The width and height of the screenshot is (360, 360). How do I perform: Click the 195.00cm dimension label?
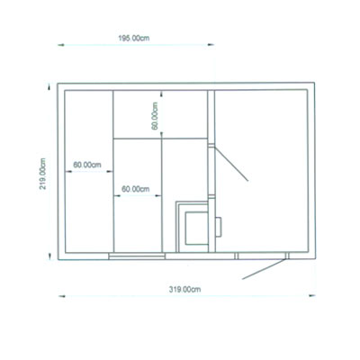pos(134,39)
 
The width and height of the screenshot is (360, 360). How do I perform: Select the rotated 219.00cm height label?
pos(43,174)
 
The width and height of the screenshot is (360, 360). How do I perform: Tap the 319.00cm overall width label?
pos(184,290)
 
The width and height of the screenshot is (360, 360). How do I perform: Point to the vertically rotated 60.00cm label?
pos(155,116)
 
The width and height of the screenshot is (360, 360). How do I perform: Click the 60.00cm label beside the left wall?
pos(87,165)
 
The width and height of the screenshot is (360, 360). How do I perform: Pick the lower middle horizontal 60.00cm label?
pos(136,189)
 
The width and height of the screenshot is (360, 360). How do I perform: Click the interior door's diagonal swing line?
pos(231,164)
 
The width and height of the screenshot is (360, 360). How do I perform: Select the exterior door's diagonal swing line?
pos(264,269)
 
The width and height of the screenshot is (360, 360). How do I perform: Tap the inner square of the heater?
pos(196,228)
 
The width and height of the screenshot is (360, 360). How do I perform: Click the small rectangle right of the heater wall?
pos(219,227)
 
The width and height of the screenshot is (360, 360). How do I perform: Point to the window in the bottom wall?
pos(137,256)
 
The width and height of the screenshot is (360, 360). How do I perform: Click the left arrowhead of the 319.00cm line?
pos(62,296)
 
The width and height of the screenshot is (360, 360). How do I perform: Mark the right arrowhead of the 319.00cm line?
pos(312,295)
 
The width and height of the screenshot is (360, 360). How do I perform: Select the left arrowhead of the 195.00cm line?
pos(61,45)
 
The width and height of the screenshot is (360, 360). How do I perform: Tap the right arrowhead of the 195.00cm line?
pos(211,45)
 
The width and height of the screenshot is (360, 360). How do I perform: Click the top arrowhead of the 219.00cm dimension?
pos(49,86)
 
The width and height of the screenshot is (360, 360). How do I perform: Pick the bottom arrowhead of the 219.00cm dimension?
pos(49,256)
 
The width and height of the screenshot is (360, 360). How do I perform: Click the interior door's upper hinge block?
pos(211,146)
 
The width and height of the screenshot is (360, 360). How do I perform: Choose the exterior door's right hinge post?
pos(287,256)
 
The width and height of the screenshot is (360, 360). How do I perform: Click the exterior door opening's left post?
pos(236,256)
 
